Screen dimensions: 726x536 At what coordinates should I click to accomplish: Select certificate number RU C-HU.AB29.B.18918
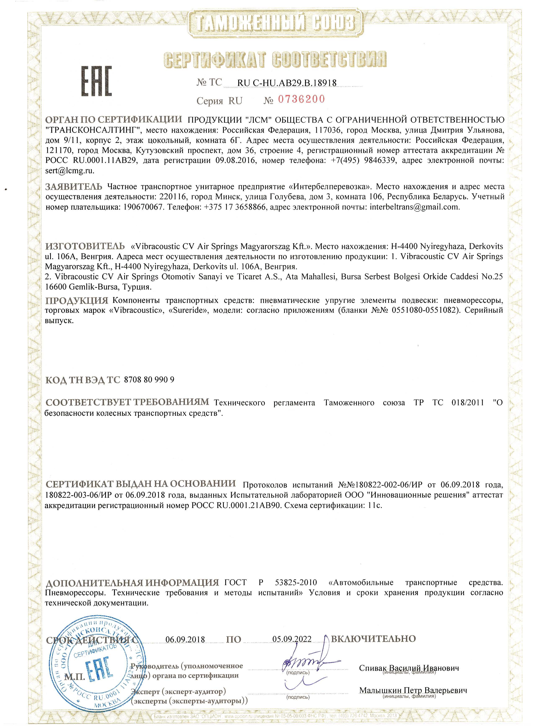coord(287,83)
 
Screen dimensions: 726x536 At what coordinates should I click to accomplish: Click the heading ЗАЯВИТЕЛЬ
coord(73,187)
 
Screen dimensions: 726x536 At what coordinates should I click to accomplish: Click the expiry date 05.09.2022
coord(292,639)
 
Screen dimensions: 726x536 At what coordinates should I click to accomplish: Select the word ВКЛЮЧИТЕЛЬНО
coord(373,639)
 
